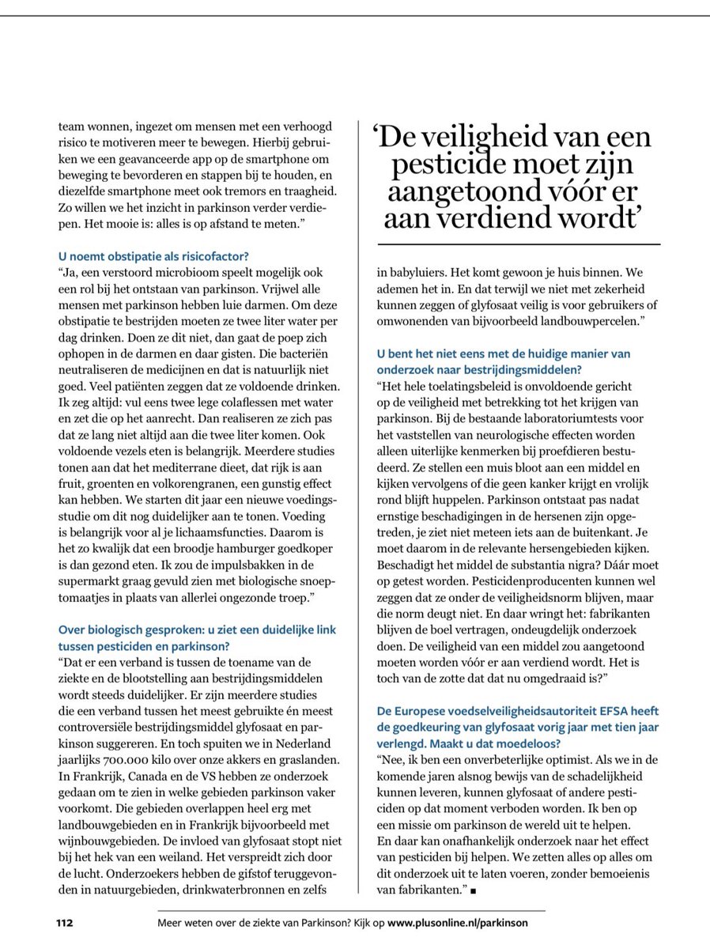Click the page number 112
tap(64, 922)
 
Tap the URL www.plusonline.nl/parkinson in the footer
tap(456, 922)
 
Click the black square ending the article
tap(474, 892)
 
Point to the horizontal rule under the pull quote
tap(519, 245)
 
